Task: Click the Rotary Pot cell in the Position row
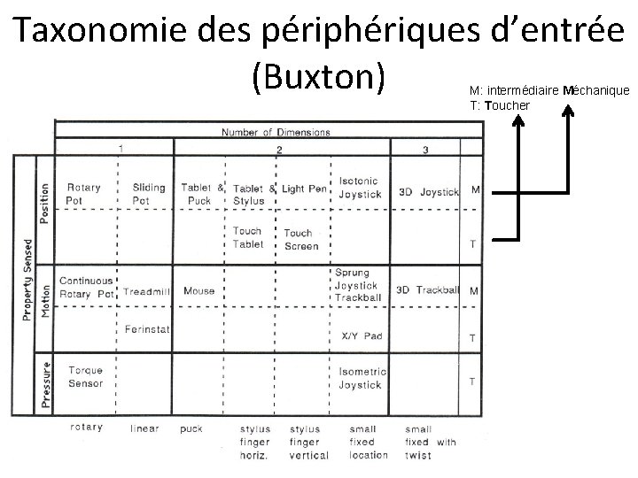(83, 194)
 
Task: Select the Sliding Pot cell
(148, 194)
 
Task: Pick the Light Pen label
(304, 189)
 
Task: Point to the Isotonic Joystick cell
(360, 188)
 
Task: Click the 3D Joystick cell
(427, 191)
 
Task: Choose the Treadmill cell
(147, 290)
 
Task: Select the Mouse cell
(199, 290)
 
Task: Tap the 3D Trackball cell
(427, 289)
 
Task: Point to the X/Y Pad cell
(362, 336)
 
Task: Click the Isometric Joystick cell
(360, 378)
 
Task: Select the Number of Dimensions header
(276, 133)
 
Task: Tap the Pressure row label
(46, 382)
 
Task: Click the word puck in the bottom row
(191, 428)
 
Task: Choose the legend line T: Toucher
(500, 105)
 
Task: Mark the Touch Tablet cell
(247, 237)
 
